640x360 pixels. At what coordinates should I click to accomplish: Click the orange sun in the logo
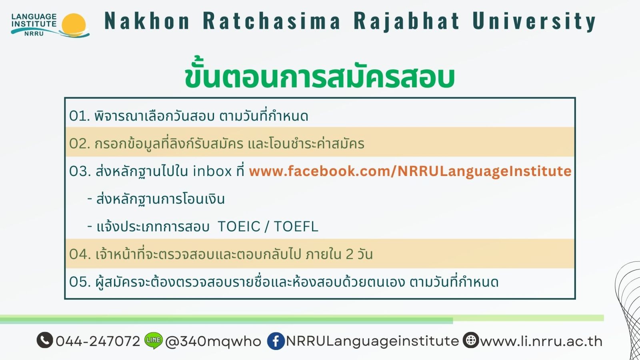(x=74, y=24)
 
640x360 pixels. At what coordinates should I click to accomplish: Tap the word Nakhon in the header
(x=147, y=20)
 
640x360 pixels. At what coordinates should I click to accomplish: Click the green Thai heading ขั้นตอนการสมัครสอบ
(x=320, y=75)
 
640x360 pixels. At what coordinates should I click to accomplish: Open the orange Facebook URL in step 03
(x=410, y=172)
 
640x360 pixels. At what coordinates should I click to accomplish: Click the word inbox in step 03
(x=212, y=171)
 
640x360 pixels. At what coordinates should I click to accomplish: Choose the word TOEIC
(x=239, y=226)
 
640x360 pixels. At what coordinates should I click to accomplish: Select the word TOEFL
(x=296, y=226)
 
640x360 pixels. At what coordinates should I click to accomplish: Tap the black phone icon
(x=45, y=340)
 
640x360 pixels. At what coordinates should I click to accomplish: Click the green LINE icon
(x=154, y=340)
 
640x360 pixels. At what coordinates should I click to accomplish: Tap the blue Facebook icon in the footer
(x=276, y=341)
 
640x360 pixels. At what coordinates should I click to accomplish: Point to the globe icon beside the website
(x=471, y=340)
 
